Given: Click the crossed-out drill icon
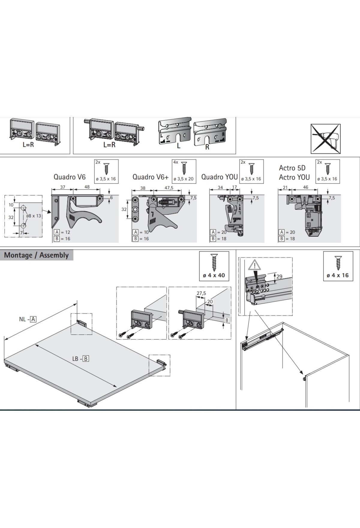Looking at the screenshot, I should pyautogui.click(x=325, y=139).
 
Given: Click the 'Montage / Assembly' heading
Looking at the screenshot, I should pyautogui.click(x=36, y=255).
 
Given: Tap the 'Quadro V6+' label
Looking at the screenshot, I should pyautogui.click(x=151, y=177).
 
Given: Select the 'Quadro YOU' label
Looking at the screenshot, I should pyautogui.click(x=219, y=177).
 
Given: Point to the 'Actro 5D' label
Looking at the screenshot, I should pyautogui.click(x=292, y=168).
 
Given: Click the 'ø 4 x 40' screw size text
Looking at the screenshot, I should pyautogui.click(x=214, y=275).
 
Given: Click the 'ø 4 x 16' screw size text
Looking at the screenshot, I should pyautogui.click(x=337, y=275).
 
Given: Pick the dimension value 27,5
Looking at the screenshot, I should pyautogui.click(x=201, y=293).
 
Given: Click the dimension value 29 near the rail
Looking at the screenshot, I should pyautogui.click(x=279, y=276).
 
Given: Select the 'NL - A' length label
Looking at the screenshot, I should pyautogui.click(x=28, y=319).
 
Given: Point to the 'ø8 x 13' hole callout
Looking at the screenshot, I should pyautogui.click(x=33, y=216).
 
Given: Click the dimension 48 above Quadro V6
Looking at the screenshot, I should pyautogui.click(x=87, y=187).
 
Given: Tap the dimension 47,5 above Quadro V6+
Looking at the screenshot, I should pyautogui.click(x=169, y=188).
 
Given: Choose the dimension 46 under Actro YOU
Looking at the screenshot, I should pyautogui.click(x=305, y=187).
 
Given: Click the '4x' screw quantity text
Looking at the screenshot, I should pyautogui.click(x=175, y=162).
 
